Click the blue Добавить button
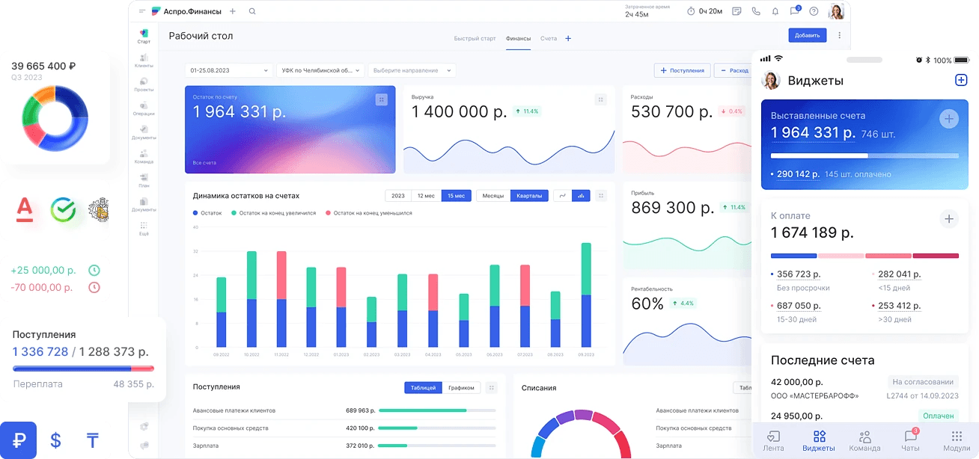[x=807, y=35]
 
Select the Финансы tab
[x=518, y=38]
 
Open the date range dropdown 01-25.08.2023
[x=229, y=70]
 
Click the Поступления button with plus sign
[x=682, y=70]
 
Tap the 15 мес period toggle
[x=456, y=196]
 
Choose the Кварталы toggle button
[x=530, y=196]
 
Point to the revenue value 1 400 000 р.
[x=460, y=112]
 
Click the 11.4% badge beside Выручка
[x=528, y=111]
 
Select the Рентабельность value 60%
[x=647, y=304]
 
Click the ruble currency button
[x=19, y=440]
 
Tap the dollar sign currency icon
[x=55, y=440]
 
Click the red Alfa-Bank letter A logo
[x=25, y=210]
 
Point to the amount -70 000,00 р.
[x=42, y=287]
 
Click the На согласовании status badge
[x=923, y=381]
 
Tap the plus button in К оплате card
[x=948, y=219]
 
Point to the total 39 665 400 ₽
[x=43, y=66]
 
